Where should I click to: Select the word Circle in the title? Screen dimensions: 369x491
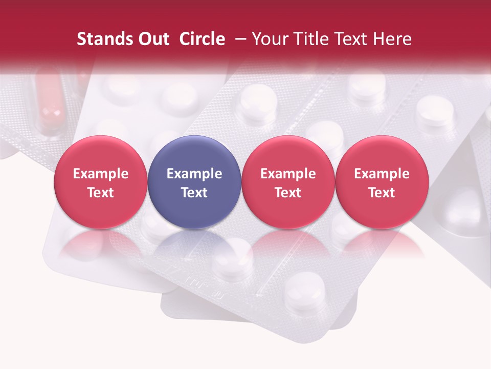[x=202, y=39]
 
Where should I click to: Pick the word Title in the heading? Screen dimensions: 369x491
[x=308, y=39]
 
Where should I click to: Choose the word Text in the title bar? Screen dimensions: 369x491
[x=348, y=39]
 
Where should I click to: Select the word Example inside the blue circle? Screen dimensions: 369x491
[x=194, y=174]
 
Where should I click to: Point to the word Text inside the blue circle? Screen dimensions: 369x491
[x=194, y=193]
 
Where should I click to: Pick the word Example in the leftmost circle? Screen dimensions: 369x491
[x=101, y=174]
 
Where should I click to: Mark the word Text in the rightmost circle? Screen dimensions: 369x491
[x=382, y=193]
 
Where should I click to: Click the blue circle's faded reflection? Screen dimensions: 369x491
[x=194, y=246]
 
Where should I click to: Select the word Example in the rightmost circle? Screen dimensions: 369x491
[x=382, y=174]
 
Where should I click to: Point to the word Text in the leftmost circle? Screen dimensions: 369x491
[x=101, y=193]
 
